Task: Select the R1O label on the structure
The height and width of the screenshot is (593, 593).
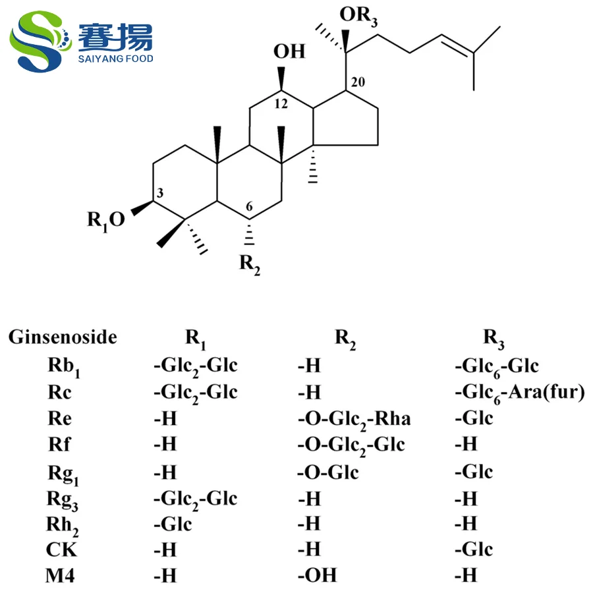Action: [x=105, y=220]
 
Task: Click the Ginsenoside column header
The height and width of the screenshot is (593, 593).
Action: [x=63, y=337]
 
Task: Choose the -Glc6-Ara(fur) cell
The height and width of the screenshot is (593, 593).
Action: [x=520, y=393]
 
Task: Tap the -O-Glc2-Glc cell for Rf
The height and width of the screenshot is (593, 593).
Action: [x=351, y=445]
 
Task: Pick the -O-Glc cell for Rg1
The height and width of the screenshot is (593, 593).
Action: [x=327, y=472]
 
